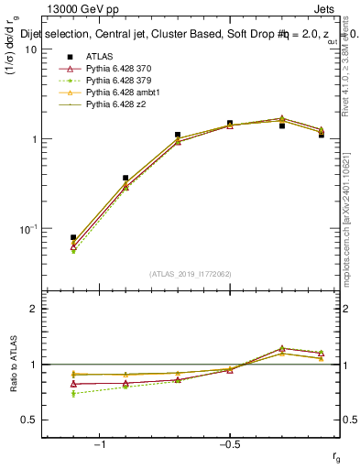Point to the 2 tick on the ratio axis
pyautogui.click(x=34, y=309)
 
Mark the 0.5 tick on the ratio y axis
pyautogui.click(x=30, y=420)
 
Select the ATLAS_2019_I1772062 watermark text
pyautogui.click(x=191, y=273)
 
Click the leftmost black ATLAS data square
pyautogui.click(x=73, y=237)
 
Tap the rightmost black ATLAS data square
pyautogui.click(x=322, y=135)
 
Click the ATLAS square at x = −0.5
pyautogui.click(x=230, y=123)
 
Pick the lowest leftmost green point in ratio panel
pyautogui.click(x=73, y=394)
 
